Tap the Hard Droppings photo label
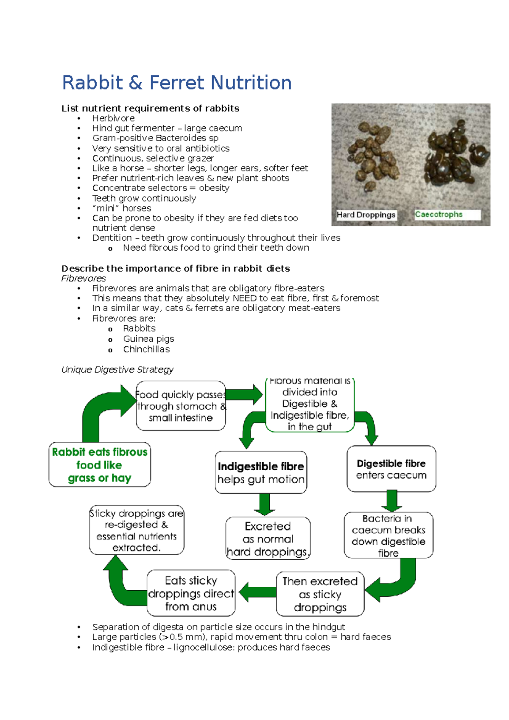pos(366,215)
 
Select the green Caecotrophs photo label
pos(439,215)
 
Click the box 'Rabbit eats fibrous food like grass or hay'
pos(100,465)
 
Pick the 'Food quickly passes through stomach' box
pos(181,406)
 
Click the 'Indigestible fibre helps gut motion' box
pos(261,472)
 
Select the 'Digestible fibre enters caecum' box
pos(391,469)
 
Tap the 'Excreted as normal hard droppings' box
pos(268,539)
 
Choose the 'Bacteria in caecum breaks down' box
pos(388,535)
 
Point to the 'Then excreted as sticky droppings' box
pos(320,594)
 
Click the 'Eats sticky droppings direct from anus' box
pos(191,593)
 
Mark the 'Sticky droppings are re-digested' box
pos(137,530)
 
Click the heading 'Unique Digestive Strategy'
pos(117,370)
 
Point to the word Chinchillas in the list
pos(146,349)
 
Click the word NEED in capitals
pos(244,298)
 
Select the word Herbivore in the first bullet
pos(113,118)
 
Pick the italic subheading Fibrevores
pos(84,279)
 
